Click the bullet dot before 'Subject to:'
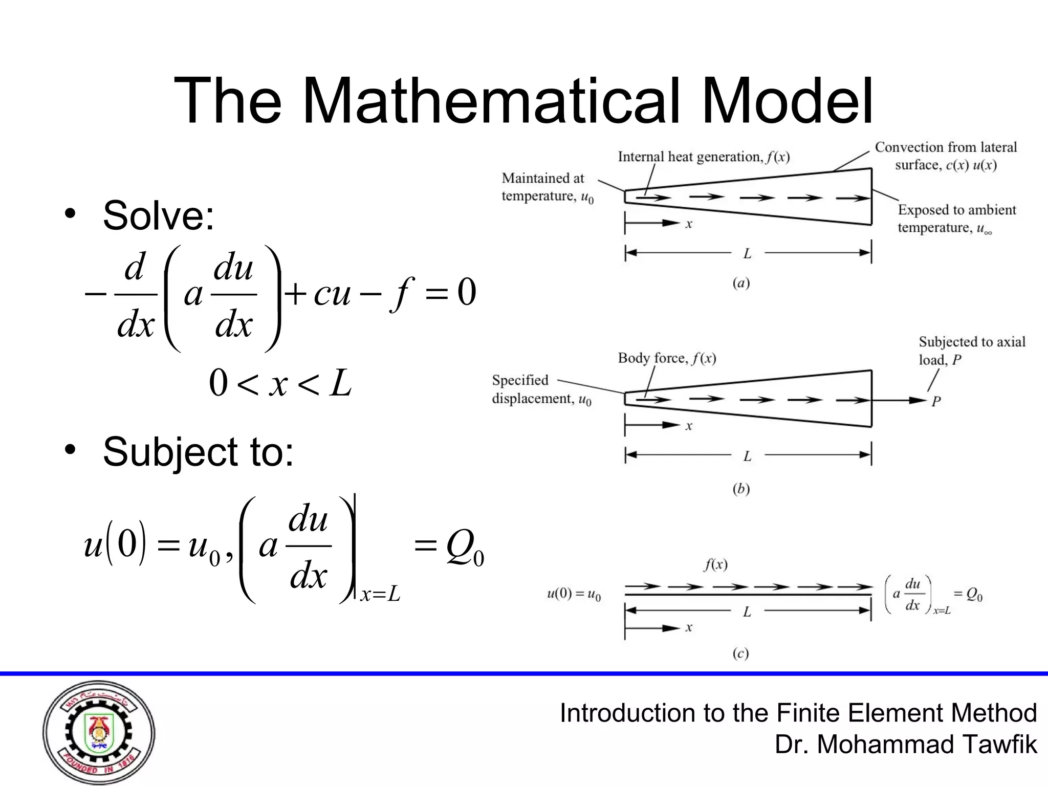(x=70, y=450)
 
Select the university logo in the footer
(x=99, y=732)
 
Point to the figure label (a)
(x=741, y=283)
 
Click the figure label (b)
(x=741, y=489)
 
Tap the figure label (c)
(x=740, y=653)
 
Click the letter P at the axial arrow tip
(x=936, y=401)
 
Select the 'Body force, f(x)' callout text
(x=667, y=358)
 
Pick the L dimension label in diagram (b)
(x=748, y=455)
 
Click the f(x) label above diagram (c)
(x=715, y=565)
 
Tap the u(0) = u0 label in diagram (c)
(x=574, y=595)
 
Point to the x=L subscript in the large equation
(x=380, y=595)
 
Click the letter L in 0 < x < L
(x=340, y=384)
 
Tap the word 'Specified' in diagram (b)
(x=520, y=380)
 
